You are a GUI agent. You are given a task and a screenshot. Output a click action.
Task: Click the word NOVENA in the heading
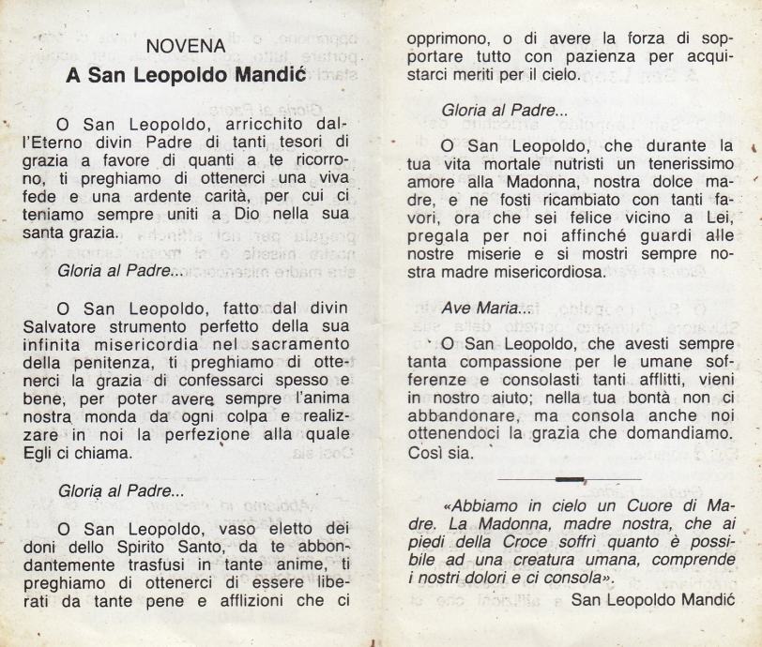point(186,46)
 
